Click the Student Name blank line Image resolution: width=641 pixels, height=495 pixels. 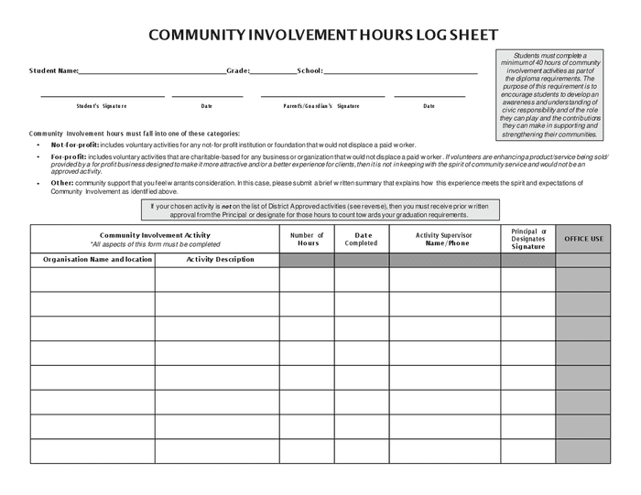152,72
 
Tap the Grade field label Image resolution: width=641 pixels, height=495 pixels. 238,70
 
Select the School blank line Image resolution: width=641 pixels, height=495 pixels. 400,72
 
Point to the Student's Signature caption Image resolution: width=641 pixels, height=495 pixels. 102,106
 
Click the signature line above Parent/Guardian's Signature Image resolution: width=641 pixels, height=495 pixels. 322,96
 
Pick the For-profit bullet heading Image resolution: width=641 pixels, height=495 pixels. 69,156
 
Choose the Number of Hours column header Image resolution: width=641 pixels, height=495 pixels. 307,239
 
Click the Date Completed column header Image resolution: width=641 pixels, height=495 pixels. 361,239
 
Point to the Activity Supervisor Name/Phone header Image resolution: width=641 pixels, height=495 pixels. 444,239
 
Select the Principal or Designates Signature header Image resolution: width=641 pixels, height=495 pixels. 527,239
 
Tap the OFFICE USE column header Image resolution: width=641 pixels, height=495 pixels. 583,239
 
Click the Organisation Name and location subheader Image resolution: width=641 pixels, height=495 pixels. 92,260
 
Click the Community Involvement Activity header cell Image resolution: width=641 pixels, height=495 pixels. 155,239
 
